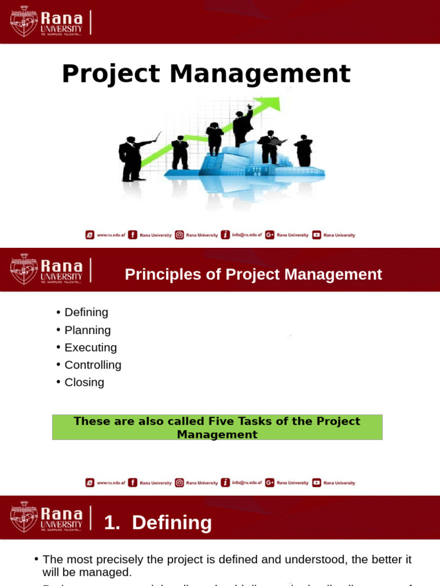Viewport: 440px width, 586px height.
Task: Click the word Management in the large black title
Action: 260,74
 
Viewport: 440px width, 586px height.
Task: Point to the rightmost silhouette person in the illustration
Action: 304,151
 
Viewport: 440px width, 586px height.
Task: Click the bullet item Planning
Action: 88,330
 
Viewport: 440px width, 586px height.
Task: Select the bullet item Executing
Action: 91,347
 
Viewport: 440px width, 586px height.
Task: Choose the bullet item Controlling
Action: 93,365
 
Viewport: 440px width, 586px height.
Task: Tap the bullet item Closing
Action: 84,382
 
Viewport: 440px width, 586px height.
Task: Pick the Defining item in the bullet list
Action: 87,312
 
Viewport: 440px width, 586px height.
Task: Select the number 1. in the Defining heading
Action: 112,523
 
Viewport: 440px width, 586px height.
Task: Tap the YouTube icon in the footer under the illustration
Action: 317,235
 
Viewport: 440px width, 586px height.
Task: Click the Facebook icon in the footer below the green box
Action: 132,482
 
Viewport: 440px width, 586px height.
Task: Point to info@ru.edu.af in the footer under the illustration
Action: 247,235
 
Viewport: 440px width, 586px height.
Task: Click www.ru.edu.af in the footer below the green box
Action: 109,483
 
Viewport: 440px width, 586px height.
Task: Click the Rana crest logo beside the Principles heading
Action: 24,270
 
